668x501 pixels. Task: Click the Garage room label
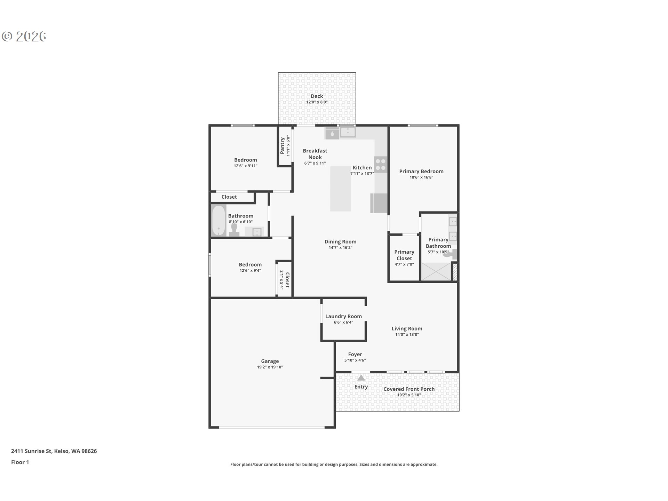click(x=270, y=361)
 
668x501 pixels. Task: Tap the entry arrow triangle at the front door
click(x=361, y=378)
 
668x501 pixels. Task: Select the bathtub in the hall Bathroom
click(x=219, y=221)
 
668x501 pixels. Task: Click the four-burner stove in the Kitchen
click(x=381, y=165)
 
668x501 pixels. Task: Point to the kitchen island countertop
click(x=341, y=189)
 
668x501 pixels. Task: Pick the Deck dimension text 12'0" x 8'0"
click(x=317, y=102)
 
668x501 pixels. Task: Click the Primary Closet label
click(x=404, y=255)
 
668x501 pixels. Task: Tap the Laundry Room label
click(x=343, y=316)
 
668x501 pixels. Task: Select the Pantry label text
click(x=283, y=145)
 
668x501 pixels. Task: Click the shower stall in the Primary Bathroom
click(x=436, y=272)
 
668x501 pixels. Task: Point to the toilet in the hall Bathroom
click(x=234, y=230)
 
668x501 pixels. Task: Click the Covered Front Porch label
click(x=409, y=389)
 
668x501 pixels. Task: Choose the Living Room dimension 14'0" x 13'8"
click(x=407, y=335)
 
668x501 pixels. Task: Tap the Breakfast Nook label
click(x=315, y=154)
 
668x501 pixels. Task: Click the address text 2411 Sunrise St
click(x=32, y=451)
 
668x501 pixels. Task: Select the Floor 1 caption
click(x=20, y=462)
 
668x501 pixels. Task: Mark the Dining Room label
click(x=341, y=241)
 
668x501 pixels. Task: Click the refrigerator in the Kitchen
click(x=379, y=203)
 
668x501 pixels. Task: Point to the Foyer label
click(x=355, y=354)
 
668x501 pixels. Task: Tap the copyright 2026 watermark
click(x=24, y=37)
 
